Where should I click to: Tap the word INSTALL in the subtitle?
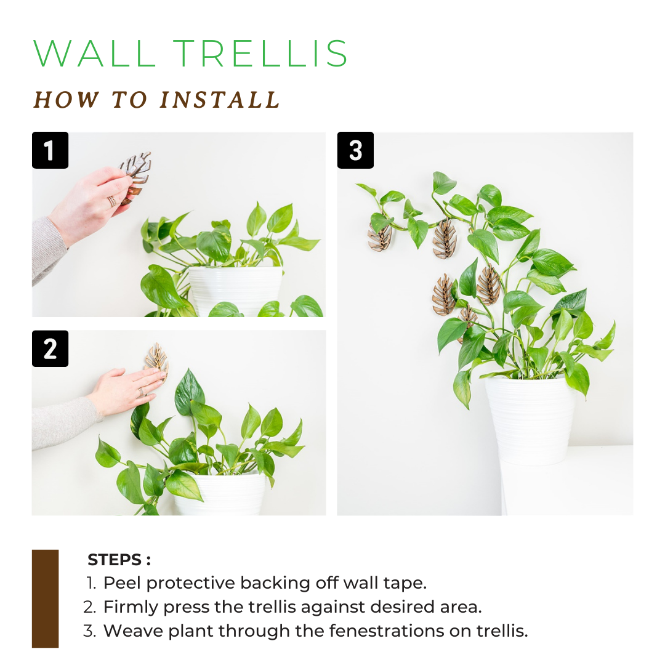tap(220, 100)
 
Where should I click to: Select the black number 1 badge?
tap(50, 150)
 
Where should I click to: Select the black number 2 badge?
tap(50, 349)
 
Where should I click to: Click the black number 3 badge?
tap(355, 150)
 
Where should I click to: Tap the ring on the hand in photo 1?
tap(111, 201)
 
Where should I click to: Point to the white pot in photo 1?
tap(234, 289)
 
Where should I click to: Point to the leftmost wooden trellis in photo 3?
tap(379, 238)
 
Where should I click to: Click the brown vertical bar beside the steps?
tap(45, 598)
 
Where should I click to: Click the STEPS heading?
tap(119, 560)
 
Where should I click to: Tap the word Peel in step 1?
tap(123, 583)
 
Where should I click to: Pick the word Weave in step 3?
tap(127, 631)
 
